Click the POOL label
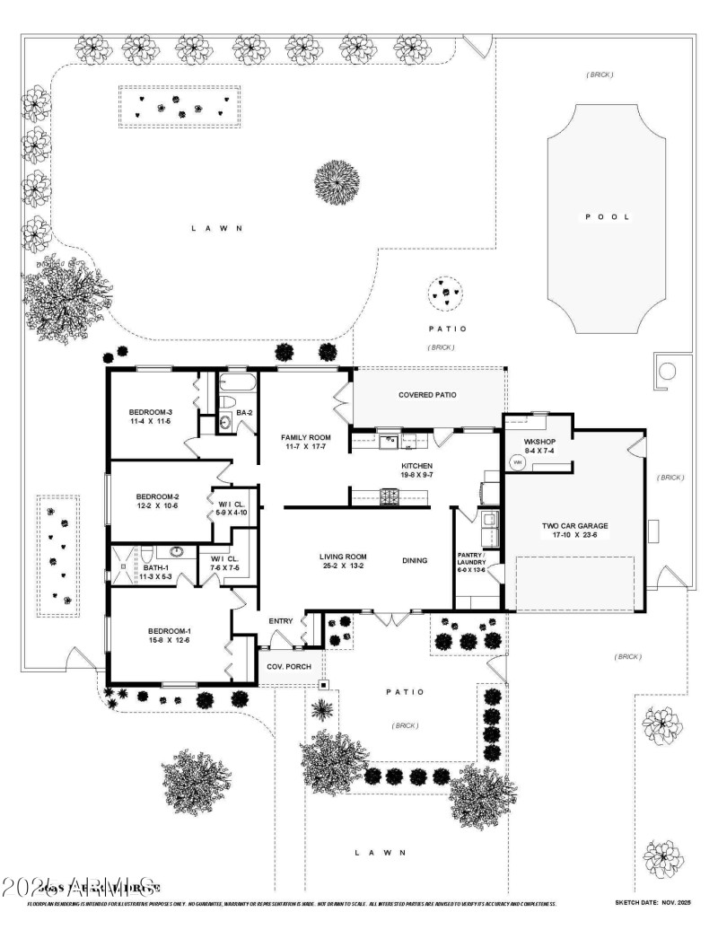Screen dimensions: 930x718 (608, 217)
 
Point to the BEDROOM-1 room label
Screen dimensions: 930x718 (164, 631)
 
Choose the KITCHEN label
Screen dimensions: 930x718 (416, 467)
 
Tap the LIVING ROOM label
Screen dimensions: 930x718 (343, 557)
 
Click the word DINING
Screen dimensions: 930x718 (415, 561)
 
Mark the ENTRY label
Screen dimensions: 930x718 (281, 621)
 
